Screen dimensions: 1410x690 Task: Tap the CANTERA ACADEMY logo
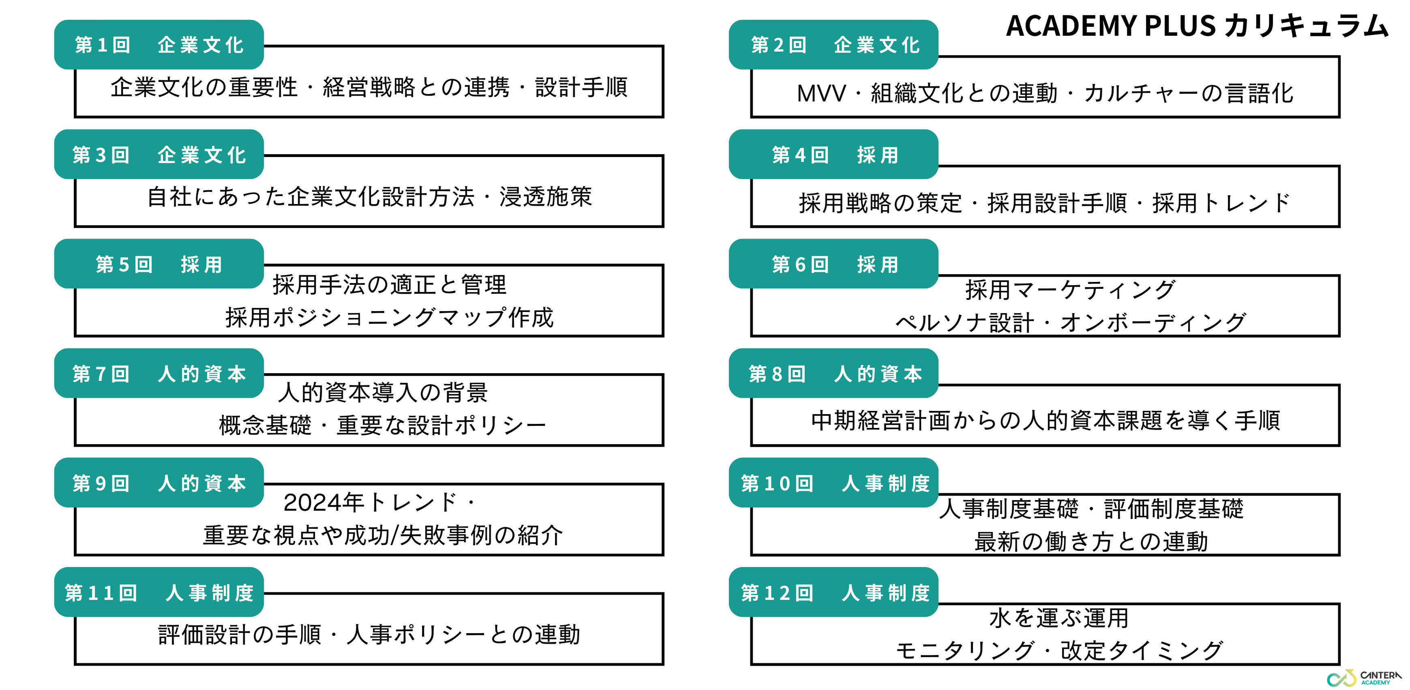[1365, 678]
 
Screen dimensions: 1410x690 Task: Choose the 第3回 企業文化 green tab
[159, 155]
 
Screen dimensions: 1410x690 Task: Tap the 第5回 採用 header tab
[159, 264]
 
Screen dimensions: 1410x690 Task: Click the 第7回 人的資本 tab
[159, 374]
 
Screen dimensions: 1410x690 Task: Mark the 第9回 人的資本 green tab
[159, 483]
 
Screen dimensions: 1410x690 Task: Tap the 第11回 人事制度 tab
[159, 593]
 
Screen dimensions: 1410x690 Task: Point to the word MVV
[821, 94]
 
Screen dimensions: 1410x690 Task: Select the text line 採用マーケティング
[1070, 290]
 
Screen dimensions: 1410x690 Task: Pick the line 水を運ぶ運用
[1059, 618]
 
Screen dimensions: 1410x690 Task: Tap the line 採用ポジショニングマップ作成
[389, 318]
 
